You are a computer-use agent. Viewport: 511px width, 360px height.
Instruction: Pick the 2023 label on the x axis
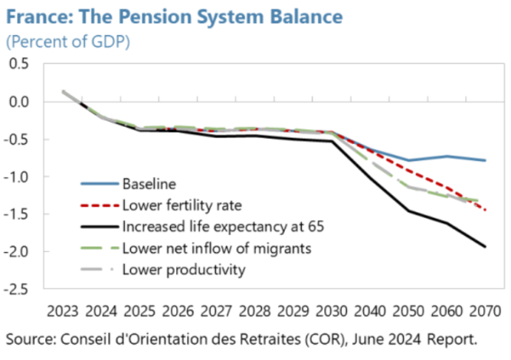[x=62, y=312]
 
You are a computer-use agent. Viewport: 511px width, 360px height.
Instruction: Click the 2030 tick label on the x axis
[x=331, y=312]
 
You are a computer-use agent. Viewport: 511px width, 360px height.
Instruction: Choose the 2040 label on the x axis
[x=369, y=312]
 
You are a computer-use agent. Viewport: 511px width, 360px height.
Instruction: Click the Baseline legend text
[x=149, y=184]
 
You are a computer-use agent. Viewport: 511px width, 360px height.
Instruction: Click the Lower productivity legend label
[x=183, y=269]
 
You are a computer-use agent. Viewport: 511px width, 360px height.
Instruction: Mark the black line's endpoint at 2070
[x=484, y=246]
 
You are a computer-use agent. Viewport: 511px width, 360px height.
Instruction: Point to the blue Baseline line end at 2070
[x=484, y=160]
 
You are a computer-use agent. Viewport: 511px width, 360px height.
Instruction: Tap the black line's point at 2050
[x=408, y=211]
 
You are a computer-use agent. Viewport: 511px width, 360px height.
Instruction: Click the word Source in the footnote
[x=29, y=338]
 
